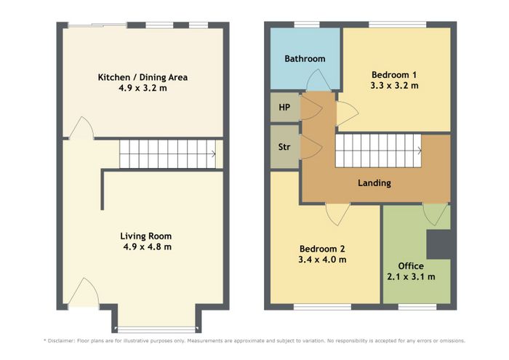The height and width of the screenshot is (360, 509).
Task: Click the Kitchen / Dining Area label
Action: [x=143, y=77]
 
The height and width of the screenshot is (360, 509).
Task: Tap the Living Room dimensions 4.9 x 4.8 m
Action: [x=147, y=247]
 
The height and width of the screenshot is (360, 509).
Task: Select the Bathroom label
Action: [x=305, y=59]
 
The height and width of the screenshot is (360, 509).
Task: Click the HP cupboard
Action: [x=285, y=107]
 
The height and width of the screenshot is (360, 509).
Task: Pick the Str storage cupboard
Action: [x=285, y=147]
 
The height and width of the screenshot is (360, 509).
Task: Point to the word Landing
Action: [x=374, y=183]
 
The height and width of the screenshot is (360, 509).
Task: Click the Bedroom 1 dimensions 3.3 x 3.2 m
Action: [x=394, y=86]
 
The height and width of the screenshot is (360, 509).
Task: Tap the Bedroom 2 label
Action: [x=322, y=249]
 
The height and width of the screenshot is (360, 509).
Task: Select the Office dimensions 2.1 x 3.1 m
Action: [x=411, y=277]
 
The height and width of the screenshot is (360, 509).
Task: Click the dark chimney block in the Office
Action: [x=438, y=244]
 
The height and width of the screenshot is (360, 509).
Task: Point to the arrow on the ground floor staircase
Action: [x=213, y=154]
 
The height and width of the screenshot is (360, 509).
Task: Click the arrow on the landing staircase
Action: [x=420, y=151]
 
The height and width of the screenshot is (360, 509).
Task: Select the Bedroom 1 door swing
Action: [x=348, y=113]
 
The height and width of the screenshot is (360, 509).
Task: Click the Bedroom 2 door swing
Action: [x=338, y=215]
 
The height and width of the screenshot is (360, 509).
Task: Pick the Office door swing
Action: [x=436, y=215]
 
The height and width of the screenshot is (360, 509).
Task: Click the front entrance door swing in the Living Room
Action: [x=84, y=292]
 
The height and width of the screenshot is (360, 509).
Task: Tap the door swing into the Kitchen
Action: [x=81, y=128]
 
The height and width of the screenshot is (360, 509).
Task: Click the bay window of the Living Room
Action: [x=156, y=329]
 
